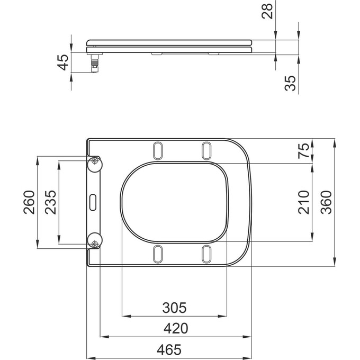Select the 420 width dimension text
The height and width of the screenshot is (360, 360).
point(175,328)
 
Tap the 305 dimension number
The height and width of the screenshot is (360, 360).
point(175,308)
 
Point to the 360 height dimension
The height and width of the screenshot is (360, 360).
point(327,202)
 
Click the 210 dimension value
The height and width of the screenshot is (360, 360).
point(304,202)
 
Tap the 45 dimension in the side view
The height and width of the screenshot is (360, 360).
point(63,62)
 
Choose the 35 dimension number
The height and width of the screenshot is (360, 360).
point(290,83)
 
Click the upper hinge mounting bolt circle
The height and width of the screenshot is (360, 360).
point(95,161)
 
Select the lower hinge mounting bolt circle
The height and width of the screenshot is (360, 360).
point(95,243)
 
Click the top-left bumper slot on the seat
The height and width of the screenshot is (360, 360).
point(158,150)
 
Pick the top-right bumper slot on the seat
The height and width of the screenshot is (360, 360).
point(206,150)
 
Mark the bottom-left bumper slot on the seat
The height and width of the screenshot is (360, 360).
point(158,254)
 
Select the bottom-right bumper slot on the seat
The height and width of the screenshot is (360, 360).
point(206,254)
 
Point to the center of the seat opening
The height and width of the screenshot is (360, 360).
point(175,202)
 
